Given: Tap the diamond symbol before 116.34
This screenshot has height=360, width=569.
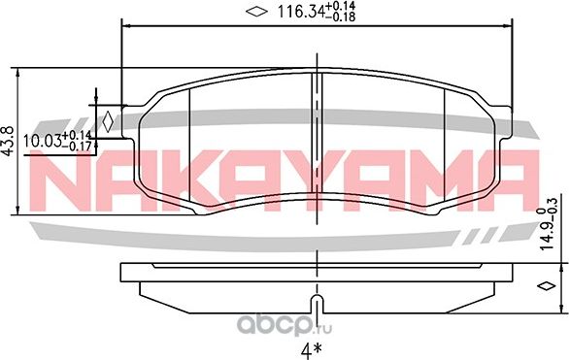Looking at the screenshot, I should (255, 12).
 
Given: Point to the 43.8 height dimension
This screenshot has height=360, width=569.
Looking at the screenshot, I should (8, 142).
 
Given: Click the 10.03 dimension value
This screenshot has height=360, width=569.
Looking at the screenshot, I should (42, 141).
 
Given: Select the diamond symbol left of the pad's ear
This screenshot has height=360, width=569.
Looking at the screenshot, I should (108, 121).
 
